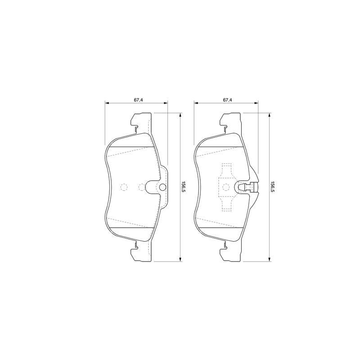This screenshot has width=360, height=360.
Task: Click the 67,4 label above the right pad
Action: (x=227, y=100)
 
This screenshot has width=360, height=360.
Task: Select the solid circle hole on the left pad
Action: (x=162, y=187)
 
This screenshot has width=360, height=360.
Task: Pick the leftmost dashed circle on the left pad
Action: (x=124, y=187)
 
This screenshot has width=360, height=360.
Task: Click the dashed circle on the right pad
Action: (x=226, y=187)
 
